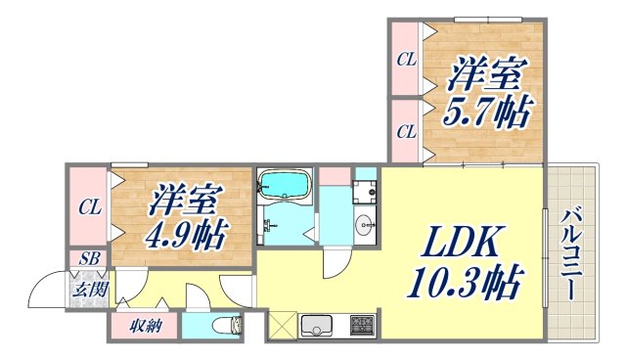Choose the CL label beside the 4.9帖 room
[89, 207]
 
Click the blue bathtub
[284, 184]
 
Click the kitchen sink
[319, 324]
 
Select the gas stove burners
[362, 324]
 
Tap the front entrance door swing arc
[46, 289]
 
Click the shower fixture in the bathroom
[265, 225]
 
